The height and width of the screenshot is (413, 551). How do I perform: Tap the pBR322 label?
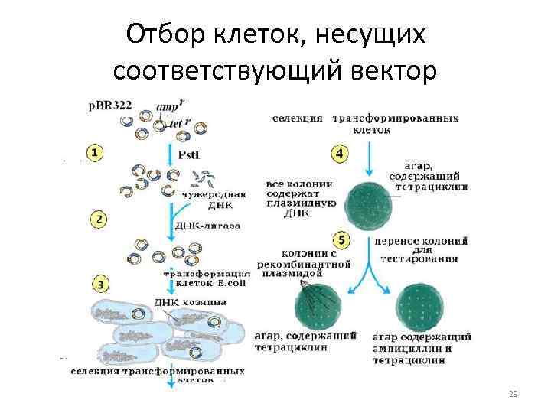pyautogui.click(x=110, y=106)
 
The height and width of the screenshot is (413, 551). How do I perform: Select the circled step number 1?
pyautogui.click(x=94, y=153)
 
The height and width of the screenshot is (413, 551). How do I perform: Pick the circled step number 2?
pyautogui.click(x=98, y=220)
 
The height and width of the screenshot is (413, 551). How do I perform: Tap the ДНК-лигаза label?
pyautogui.click(x=207, y=226)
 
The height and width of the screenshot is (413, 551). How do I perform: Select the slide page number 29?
pyautogui.click(x=514, y=394)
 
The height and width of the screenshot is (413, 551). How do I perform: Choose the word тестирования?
pyautogui.click(x=422, y=259)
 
